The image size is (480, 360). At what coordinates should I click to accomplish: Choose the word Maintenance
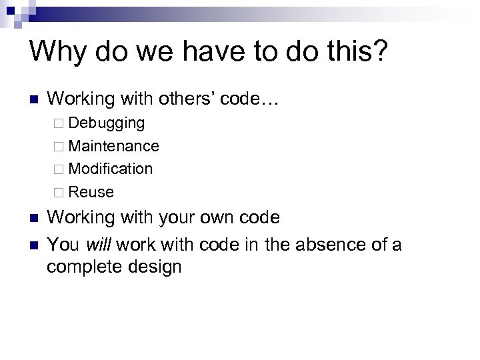113,146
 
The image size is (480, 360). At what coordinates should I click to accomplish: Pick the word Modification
110,169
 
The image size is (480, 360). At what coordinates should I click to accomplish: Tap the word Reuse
91,192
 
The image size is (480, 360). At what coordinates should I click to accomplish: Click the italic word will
96,244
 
